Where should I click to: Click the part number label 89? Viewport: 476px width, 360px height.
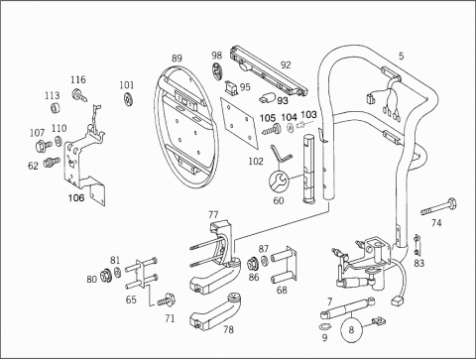coord(177,59)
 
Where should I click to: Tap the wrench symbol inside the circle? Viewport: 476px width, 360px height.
coord(279,182)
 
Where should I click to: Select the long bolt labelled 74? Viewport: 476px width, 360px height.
coord(438,207)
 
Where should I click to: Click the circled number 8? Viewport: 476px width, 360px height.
coord(351,329)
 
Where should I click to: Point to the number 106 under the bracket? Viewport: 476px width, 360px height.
coord(76,197)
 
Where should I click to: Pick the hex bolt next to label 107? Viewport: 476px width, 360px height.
coord(44,145)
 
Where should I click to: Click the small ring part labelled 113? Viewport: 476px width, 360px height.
coord(57,107)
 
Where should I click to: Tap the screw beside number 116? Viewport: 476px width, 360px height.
coord(79,94)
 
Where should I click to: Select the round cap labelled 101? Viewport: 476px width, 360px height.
coord(128,99)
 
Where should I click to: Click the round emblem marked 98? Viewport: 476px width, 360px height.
coord(217,70)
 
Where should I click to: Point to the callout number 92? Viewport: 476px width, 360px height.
coord(286,64)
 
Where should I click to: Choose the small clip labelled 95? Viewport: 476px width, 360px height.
coord(232,87)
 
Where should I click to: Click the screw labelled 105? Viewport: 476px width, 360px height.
coord(272,129)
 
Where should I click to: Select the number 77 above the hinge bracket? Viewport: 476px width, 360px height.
coord(213,215)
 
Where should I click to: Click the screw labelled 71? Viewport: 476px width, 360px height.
coord(167,300)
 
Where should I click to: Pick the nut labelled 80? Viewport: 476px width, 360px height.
coord(106,276)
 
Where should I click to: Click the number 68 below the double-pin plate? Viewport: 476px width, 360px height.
coord(282,290)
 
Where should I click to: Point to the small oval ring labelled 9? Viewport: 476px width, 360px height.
coord(324,326)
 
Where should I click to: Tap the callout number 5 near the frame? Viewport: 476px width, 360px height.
coord(401,56)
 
